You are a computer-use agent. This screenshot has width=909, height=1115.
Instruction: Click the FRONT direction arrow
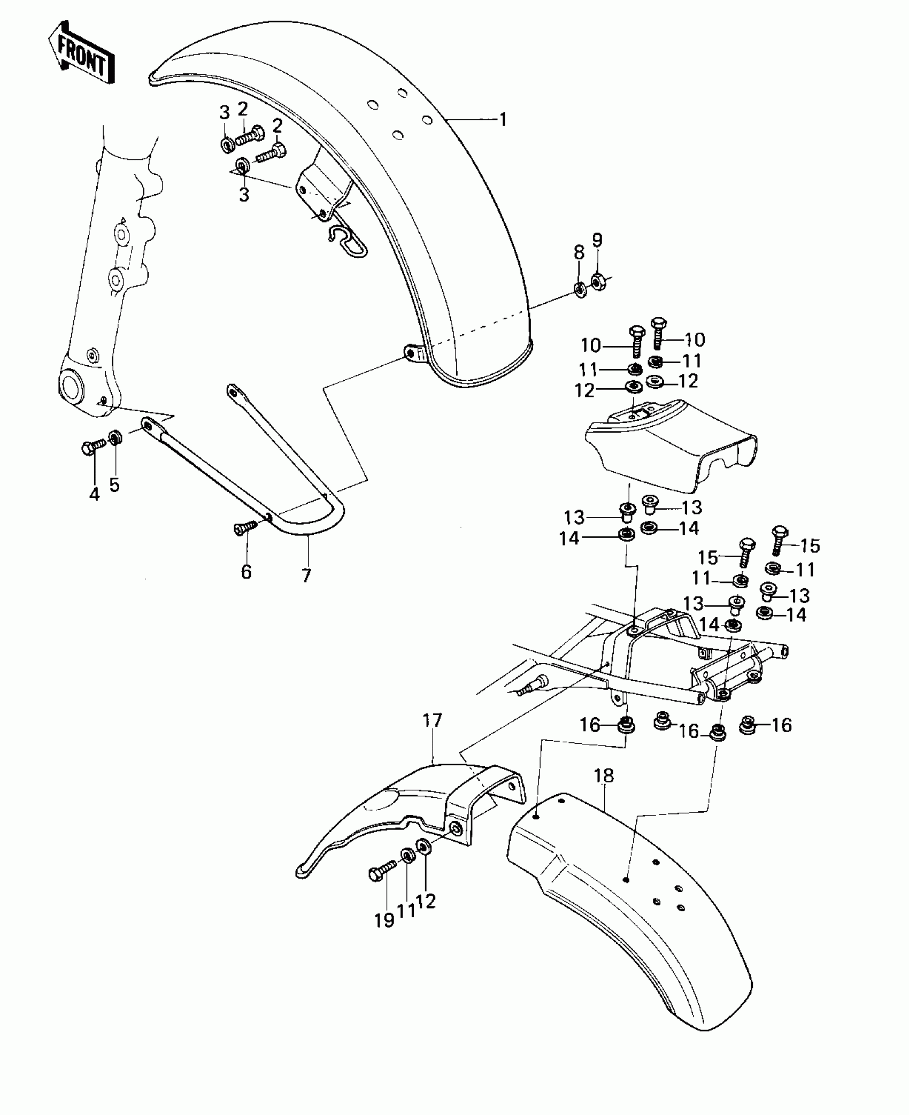pos(82,52)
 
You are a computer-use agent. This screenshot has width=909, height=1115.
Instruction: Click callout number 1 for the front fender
pos(502,119)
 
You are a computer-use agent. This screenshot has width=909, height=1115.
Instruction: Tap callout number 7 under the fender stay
pos(306,575)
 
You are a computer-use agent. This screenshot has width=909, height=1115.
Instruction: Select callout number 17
pos(432,721)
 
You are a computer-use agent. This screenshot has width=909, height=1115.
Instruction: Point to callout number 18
pos(604,776)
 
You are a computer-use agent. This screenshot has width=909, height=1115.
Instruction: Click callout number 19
pos(384,920)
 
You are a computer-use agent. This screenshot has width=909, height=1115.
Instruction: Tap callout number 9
pos(597,240)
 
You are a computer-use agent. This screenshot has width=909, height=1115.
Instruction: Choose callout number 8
pos(579,252)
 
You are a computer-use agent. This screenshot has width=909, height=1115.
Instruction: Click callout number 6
pos(246,572)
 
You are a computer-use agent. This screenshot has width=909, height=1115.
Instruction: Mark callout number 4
pos(95,494)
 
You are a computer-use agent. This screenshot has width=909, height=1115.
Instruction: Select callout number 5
pos(114,485)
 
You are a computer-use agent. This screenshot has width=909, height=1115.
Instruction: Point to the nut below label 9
pos(598,280)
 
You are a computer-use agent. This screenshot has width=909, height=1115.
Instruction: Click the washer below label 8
pos(580,289)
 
